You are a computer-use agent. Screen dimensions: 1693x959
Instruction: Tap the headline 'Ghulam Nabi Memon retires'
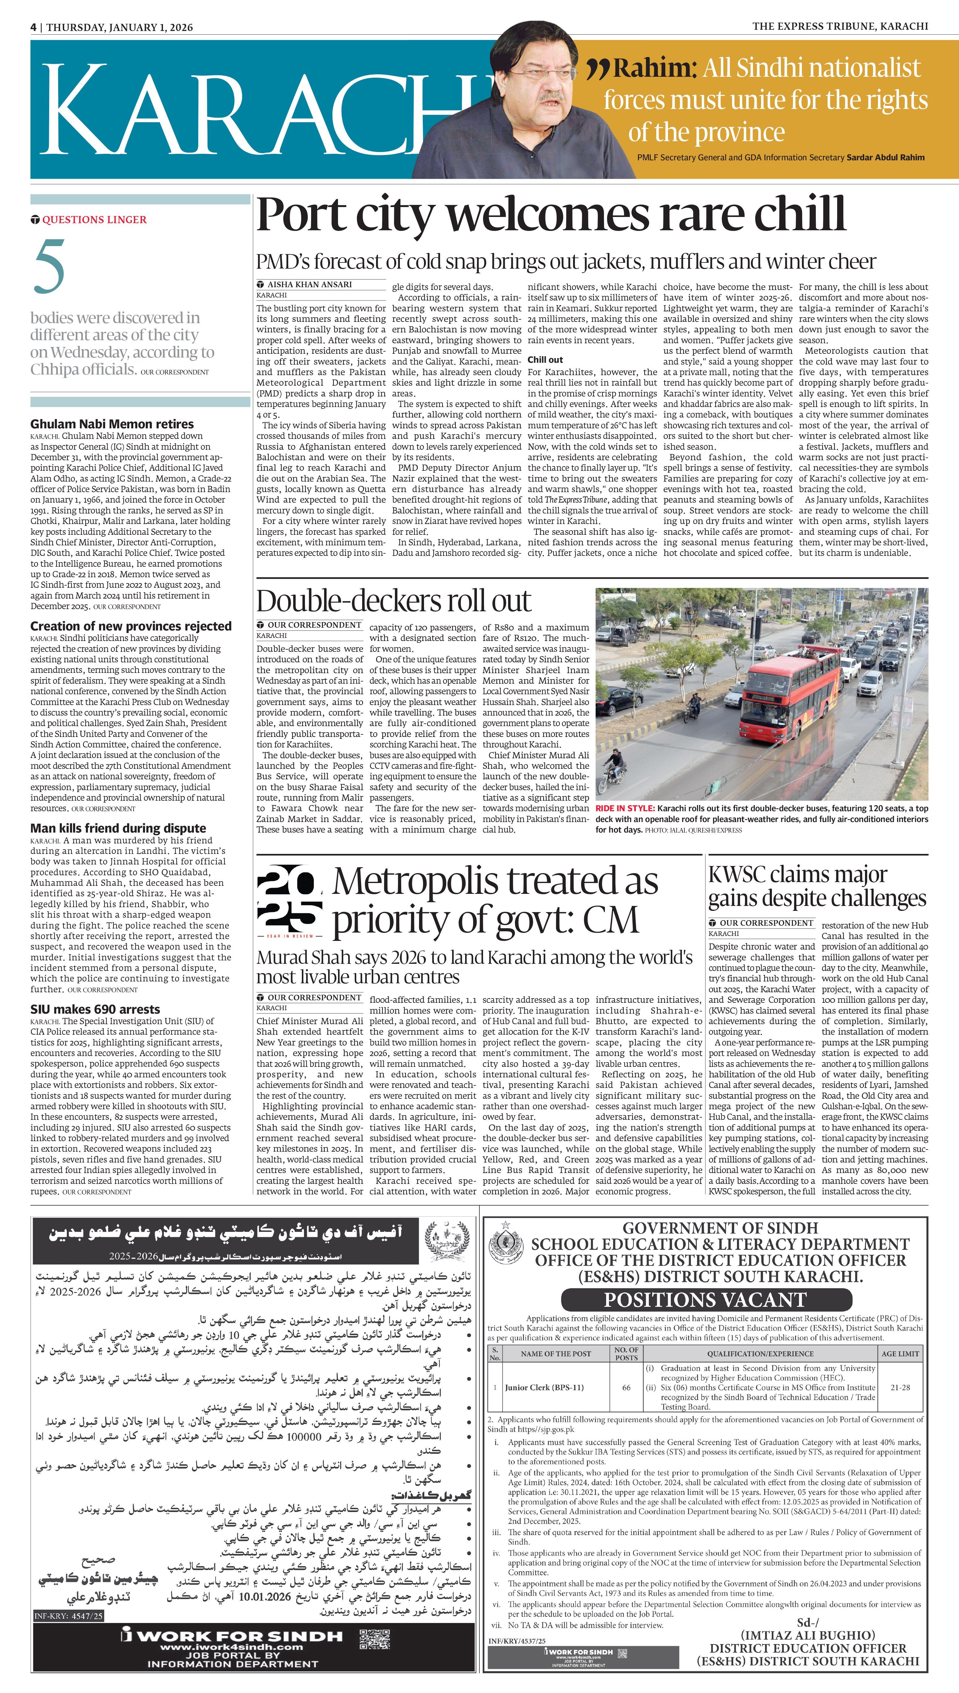pyautogui.click(x=112, y=424)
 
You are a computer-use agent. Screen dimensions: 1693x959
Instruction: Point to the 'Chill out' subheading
pyautogui.click(x=545, y=360)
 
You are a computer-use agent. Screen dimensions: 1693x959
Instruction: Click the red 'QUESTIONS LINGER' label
pyautogui.click(x=94, y=219)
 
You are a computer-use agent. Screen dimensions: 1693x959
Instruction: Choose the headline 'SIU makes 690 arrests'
pyautogui.click(x=95, y=1009)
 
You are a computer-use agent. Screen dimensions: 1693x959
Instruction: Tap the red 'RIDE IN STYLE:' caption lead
pyautogui.click(x=624, y=809)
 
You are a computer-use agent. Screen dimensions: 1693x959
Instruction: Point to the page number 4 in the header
pyautogui.click(x=33, y=27)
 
